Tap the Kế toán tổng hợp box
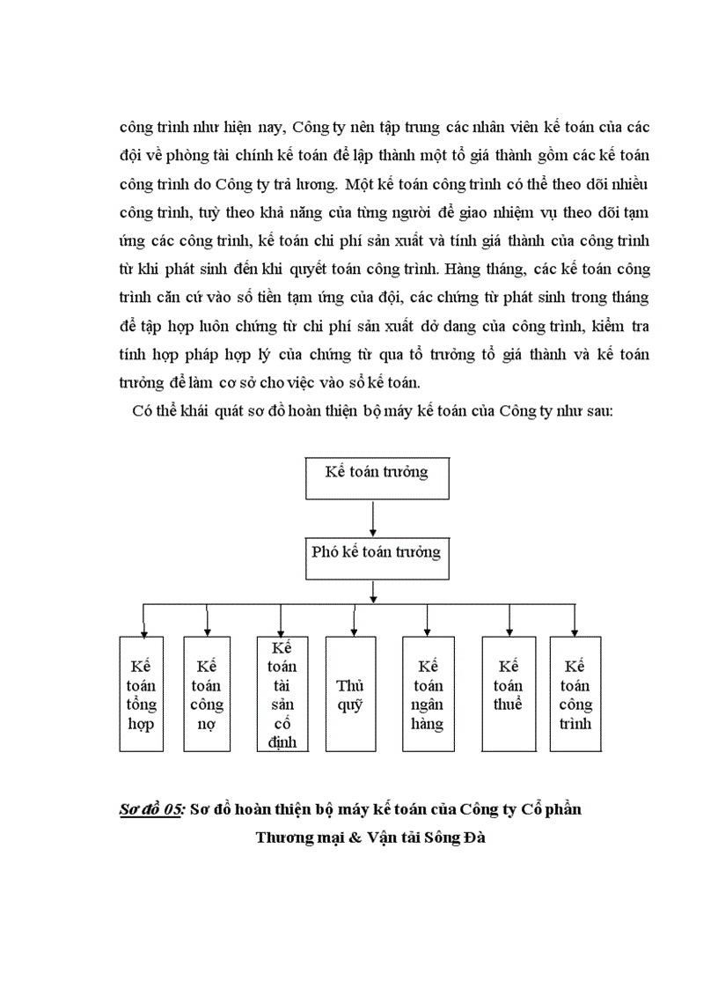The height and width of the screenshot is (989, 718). [141, 694]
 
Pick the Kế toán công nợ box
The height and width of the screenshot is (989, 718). [207, 694]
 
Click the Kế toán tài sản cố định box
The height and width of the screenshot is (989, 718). [279, 694]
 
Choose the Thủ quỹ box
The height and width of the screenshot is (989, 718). [354, 694]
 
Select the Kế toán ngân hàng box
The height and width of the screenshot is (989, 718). [427, 694]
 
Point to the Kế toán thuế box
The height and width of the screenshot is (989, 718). [509, 694]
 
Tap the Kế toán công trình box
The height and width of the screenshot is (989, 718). [575, 694]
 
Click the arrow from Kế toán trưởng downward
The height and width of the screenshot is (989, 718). [374, 520]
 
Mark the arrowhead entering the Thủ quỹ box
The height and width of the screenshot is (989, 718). [354, 631]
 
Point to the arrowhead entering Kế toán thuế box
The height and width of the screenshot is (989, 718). [509, 631]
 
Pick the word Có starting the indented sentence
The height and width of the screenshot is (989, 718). [143, 411]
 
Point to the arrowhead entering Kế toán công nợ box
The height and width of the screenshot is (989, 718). [207, 631]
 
